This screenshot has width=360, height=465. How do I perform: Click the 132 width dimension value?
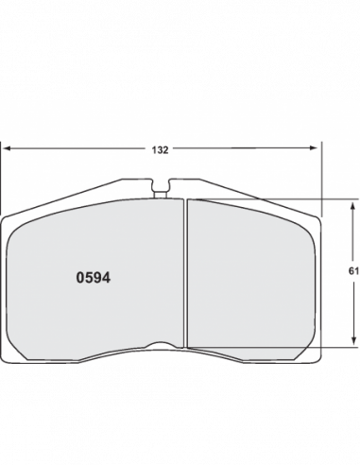click(x=160, y=150)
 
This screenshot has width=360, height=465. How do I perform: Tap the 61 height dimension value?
click(x=353, y=271)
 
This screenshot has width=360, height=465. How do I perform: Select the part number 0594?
click(x=94, y=278)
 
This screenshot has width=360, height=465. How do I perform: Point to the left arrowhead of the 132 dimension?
click(x=7, y=147)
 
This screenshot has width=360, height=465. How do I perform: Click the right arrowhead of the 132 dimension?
click(x=314, y=147)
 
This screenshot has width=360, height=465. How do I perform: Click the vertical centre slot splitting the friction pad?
click(x=185, y=273)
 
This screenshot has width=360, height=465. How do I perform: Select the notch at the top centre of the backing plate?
click(x=161, y=185)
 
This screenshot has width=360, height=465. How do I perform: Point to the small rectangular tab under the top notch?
click(x=161, y=195)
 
